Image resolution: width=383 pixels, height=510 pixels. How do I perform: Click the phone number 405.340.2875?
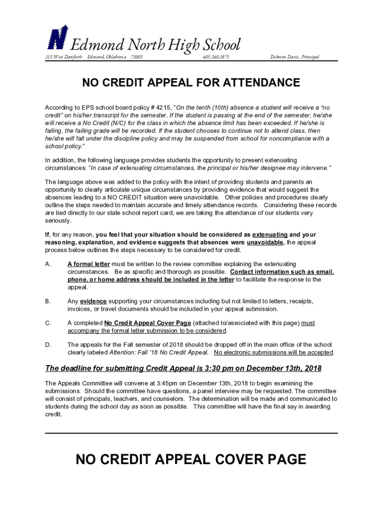[x=215, y=57]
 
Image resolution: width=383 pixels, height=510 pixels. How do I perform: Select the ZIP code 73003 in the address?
[x=136, y=57]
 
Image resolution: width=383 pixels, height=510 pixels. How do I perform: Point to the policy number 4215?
[x=163, y=108]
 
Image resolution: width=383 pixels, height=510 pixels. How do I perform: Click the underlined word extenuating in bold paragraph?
[x=270, y=235]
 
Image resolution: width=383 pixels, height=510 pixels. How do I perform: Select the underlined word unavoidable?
[x=265, y=243]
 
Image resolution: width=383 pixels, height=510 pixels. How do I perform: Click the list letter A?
[x=48, y=264]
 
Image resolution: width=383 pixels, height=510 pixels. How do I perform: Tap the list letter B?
[x=48, y=301]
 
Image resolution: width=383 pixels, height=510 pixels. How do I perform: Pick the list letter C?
[x=48, y=323]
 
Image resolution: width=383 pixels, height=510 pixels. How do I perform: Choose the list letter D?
[x=48, y=345]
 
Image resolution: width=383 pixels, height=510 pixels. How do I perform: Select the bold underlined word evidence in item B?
[x=94, y=301]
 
